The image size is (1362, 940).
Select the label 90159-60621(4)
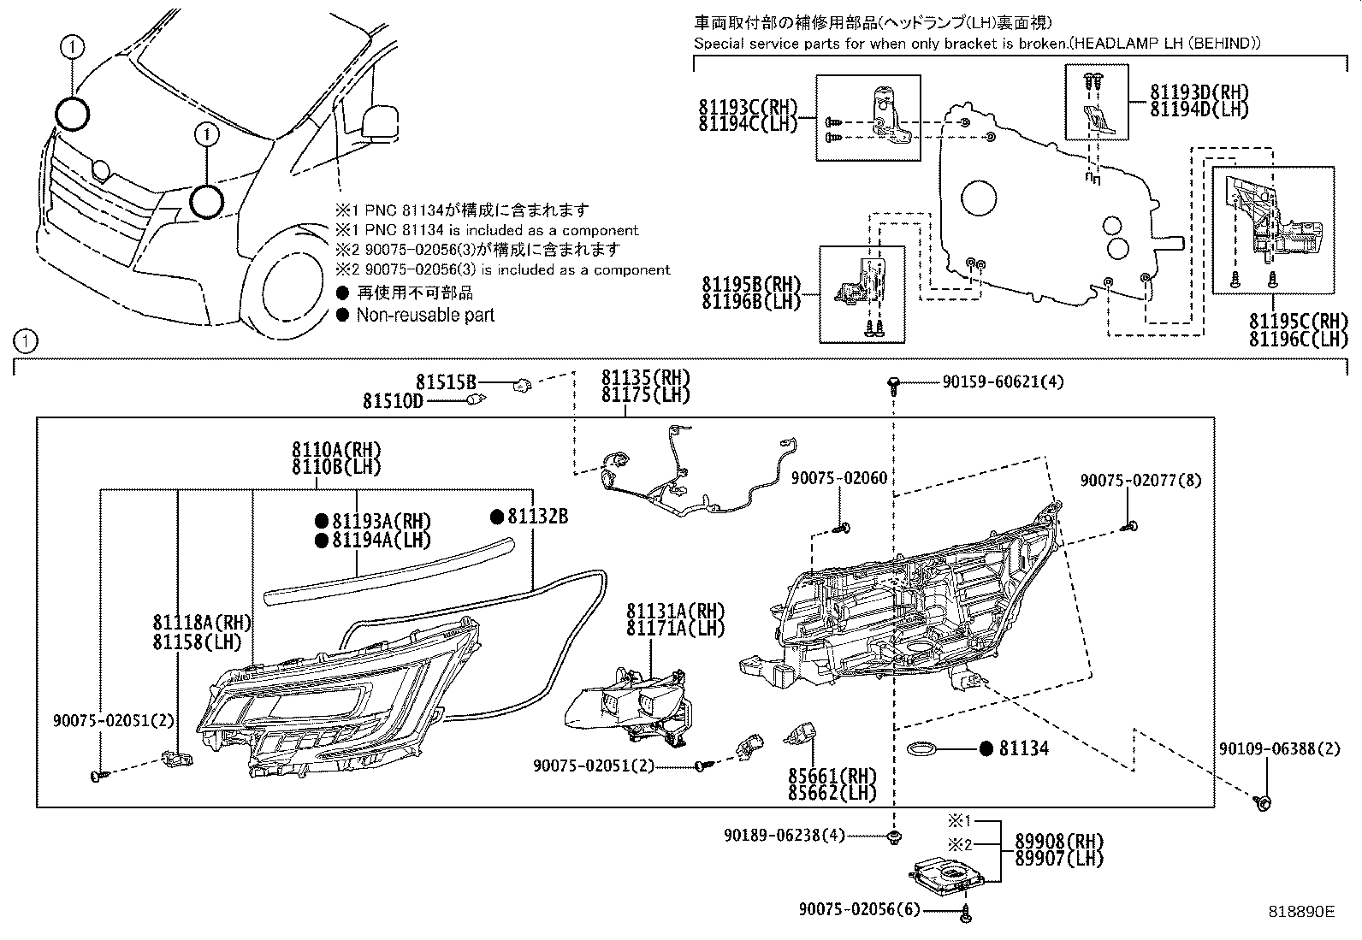coord(1003,382)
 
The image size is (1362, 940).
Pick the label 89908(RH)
coord(1058,842)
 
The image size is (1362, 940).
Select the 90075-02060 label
coord(839,479)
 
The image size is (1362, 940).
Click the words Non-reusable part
coord(425,315)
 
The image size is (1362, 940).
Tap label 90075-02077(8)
coord(1140,482)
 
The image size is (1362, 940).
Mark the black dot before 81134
coord(986,749)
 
